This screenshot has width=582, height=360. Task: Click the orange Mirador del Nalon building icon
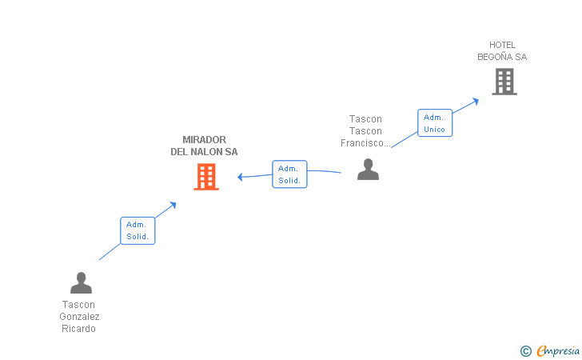206,177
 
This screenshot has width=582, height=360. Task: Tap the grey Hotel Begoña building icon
504,82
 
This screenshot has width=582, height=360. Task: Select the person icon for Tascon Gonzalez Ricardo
81,283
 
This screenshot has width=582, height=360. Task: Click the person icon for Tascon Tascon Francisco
368,169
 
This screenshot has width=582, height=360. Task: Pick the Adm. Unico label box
435,123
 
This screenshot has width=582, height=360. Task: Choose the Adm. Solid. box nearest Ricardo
138,231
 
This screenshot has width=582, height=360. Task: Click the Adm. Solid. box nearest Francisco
289,174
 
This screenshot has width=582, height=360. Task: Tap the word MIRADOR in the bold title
204,140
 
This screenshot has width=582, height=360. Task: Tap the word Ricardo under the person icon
78,329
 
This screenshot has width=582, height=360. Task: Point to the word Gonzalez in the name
79,317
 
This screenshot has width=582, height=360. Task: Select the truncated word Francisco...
365,143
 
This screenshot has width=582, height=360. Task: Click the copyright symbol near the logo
525,350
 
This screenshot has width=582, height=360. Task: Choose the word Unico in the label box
435,130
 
